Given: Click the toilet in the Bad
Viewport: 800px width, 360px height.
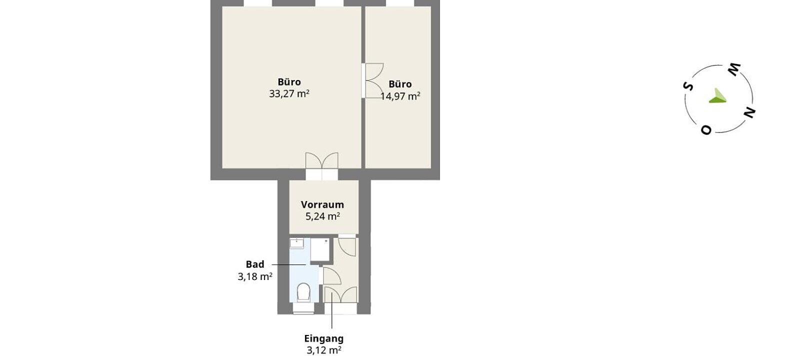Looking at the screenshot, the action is [303, 293].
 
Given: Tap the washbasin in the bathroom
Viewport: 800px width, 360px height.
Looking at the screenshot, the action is [296, 243].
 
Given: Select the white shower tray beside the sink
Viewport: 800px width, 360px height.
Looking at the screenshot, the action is [319, 249].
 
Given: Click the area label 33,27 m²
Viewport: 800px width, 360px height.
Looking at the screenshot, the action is [289, 94].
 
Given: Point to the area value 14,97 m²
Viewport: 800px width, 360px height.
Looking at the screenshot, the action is [400, 96].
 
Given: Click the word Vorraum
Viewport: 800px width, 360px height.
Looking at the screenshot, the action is [322, 204].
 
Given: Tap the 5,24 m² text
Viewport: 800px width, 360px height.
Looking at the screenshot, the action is [322, 216].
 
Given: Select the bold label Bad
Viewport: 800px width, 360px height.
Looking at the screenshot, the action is [255, 264].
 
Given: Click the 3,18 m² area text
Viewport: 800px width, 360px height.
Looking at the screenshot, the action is [255, 276].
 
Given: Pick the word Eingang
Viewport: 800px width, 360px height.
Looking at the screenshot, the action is [324, 338].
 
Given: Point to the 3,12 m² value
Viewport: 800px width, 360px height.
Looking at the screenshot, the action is [324, 350].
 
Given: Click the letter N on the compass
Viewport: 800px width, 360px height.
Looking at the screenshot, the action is [749, 113].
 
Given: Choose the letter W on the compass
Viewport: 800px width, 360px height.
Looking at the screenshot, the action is [734, 69].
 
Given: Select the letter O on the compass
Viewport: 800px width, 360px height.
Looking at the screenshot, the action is [706, 130].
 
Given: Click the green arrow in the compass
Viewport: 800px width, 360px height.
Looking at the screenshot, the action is [717, 96].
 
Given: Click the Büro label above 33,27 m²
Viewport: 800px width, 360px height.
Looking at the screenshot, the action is [289, 82].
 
